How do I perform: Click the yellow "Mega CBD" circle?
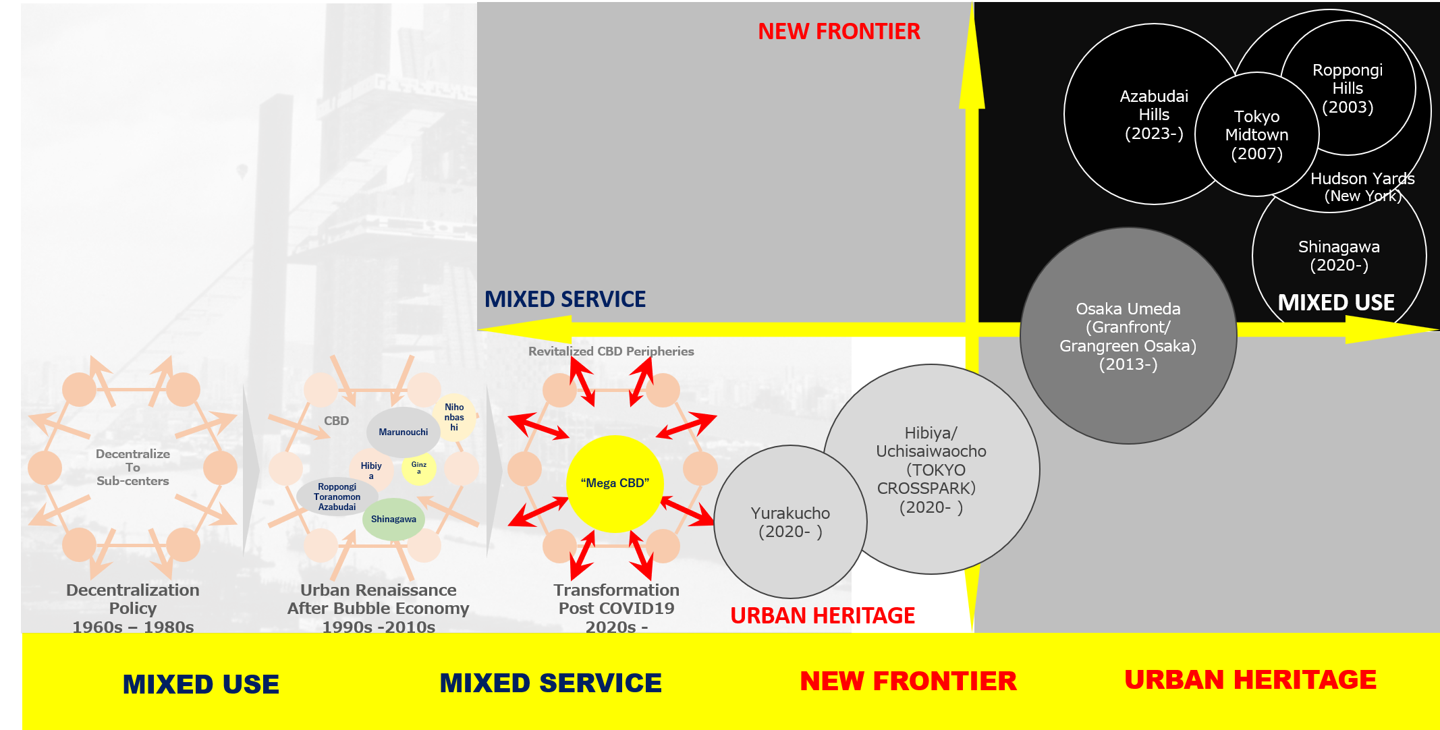click(615, 483)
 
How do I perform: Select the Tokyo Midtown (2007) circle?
click(1256, 135)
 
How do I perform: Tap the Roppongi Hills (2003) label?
click(1348, 88)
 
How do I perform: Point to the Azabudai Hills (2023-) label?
click(1154, 115)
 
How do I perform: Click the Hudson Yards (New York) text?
click(1362, 187)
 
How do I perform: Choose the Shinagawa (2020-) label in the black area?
click(1339, 256)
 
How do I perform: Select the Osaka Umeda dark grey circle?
click(1128, 336)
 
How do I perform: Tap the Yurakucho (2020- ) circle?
click(790, 522)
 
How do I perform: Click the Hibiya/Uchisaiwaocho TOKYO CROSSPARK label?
click(931, 470)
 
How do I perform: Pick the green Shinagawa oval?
click(393, 519)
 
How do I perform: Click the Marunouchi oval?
click(403, 432)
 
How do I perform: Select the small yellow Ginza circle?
click(419, 468)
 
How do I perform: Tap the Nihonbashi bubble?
click(454, 417)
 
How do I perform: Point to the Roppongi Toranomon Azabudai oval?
click(337, 497)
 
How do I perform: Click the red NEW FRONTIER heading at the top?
click(839, 31)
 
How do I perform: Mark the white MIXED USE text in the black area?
click(1336, 302)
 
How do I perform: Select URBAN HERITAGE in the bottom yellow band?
click(1250, 679)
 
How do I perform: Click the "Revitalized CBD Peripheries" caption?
click(611, 351)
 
